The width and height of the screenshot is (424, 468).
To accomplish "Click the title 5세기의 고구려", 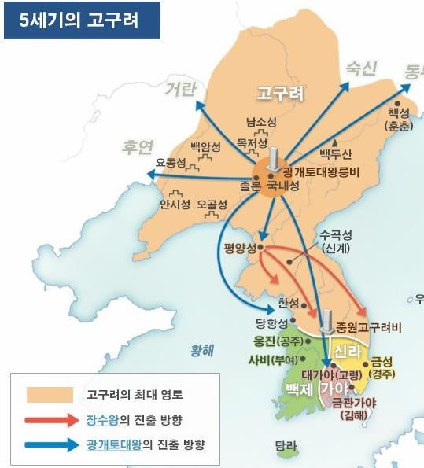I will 82,20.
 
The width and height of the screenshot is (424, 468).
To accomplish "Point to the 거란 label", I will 179,89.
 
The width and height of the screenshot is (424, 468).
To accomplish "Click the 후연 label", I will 137,146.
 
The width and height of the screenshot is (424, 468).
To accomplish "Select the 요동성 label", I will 171,163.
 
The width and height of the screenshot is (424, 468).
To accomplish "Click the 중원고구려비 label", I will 363,326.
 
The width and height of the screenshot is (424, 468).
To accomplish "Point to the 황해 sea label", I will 201,351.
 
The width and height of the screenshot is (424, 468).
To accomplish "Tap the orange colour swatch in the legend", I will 49,393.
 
